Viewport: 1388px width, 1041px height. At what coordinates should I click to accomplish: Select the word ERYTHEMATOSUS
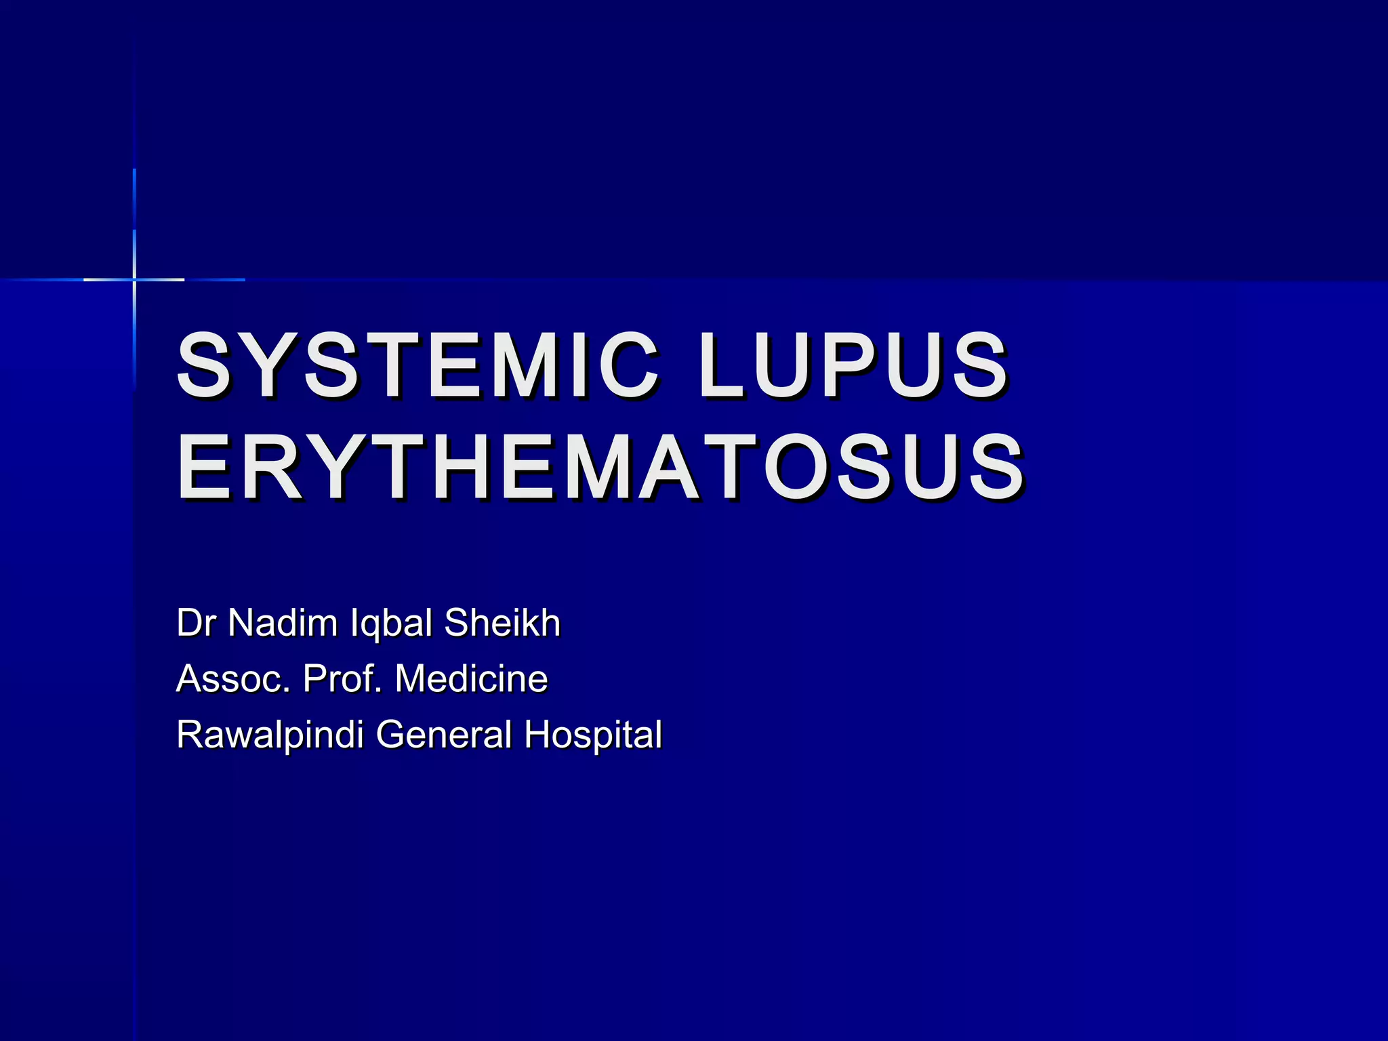coord(600,468)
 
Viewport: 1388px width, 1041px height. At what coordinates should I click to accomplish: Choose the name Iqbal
coord(391,624)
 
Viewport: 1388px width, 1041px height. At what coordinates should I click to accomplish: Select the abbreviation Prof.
coord(342,678)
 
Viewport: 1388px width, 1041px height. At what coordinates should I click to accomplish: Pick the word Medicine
coord(472,678)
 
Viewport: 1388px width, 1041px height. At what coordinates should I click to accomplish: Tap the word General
coord(444,735)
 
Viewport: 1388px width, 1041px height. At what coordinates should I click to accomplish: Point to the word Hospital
coord(593,735)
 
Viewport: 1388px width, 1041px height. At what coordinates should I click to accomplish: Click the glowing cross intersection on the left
coord(134,279)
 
